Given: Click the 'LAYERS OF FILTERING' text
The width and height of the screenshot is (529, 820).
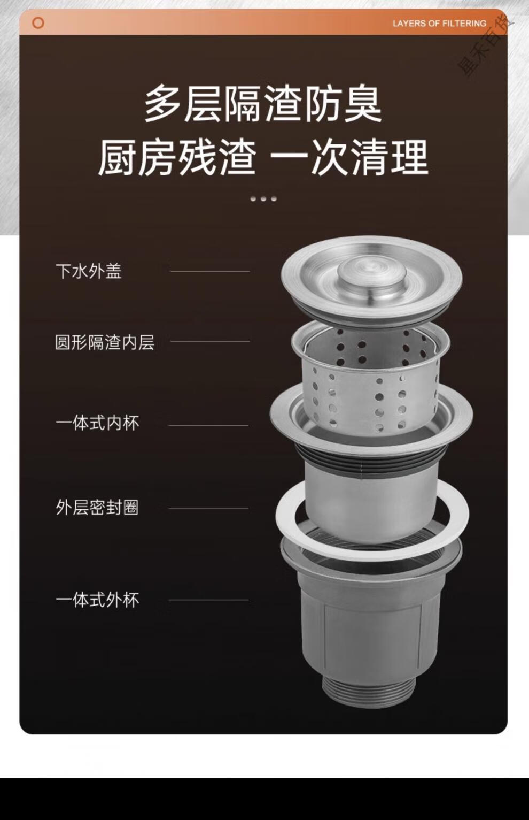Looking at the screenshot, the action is (439, 24).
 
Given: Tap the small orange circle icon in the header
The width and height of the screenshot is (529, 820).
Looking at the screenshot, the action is (38, 22).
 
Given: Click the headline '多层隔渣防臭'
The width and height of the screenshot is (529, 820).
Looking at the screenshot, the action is (263, 103).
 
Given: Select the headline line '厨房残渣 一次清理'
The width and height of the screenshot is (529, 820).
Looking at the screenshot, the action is (263, 158).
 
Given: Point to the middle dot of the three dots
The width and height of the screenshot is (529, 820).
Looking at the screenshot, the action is (263, 199).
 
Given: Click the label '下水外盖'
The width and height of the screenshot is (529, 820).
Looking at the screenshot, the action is (89, 271).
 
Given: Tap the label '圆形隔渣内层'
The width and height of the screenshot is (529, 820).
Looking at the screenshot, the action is (105, 342).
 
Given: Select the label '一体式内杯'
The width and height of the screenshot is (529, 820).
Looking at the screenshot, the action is (97, 423).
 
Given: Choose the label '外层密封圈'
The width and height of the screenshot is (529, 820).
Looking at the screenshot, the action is (97, 508).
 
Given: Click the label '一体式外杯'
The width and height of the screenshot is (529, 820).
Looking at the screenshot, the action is (97, 600).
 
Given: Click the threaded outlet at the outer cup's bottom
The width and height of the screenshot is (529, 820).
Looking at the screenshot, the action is (369, 688).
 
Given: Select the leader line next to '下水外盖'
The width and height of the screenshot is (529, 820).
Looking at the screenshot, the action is (210, 271).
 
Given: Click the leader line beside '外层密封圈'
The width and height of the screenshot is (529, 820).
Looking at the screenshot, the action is (208, 509).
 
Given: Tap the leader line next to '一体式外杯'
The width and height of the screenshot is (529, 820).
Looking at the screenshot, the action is (208, 600).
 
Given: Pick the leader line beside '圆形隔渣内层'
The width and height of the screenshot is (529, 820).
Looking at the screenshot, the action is (210, 342).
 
